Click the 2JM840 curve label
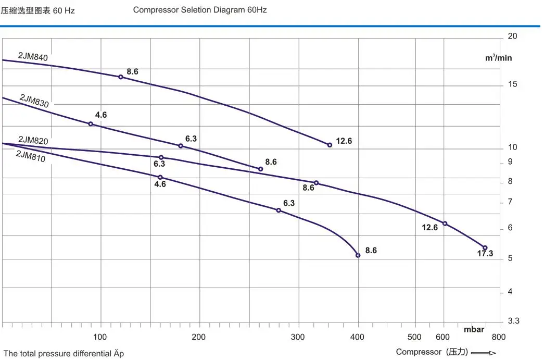33,57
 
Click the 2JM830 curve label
34,101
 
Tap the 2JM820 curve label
33,140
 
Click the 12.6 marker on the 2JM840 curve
330,145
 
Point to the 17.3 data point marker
485,248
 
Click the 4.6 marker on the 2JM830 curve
91,124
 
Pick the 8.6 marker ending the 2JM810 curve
358,255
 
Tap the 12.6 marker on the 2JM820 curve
445,224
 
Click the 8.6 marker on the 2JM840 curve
121,77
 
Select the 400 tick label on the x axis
358,337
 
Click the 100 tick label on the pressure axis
100,337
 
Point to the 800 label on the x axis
498,337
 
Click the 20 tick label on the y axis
512,36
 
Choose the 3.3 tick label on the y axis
513,321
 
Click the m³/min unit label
498,58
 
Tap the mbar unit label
474,329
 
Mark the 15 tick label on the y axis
512,84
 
